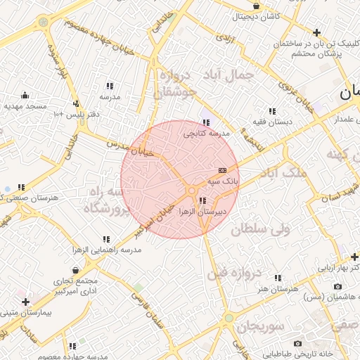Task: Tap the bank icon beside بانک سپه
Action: click(223, 170)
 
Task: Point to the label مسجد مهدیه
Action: click(25, 106)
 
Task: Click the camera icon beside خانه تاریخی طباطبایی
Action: click(298, 343)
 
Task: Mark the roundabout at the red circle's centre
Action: click(191, 191)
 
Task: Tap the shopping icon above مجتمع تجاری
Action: click(75, 269)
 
